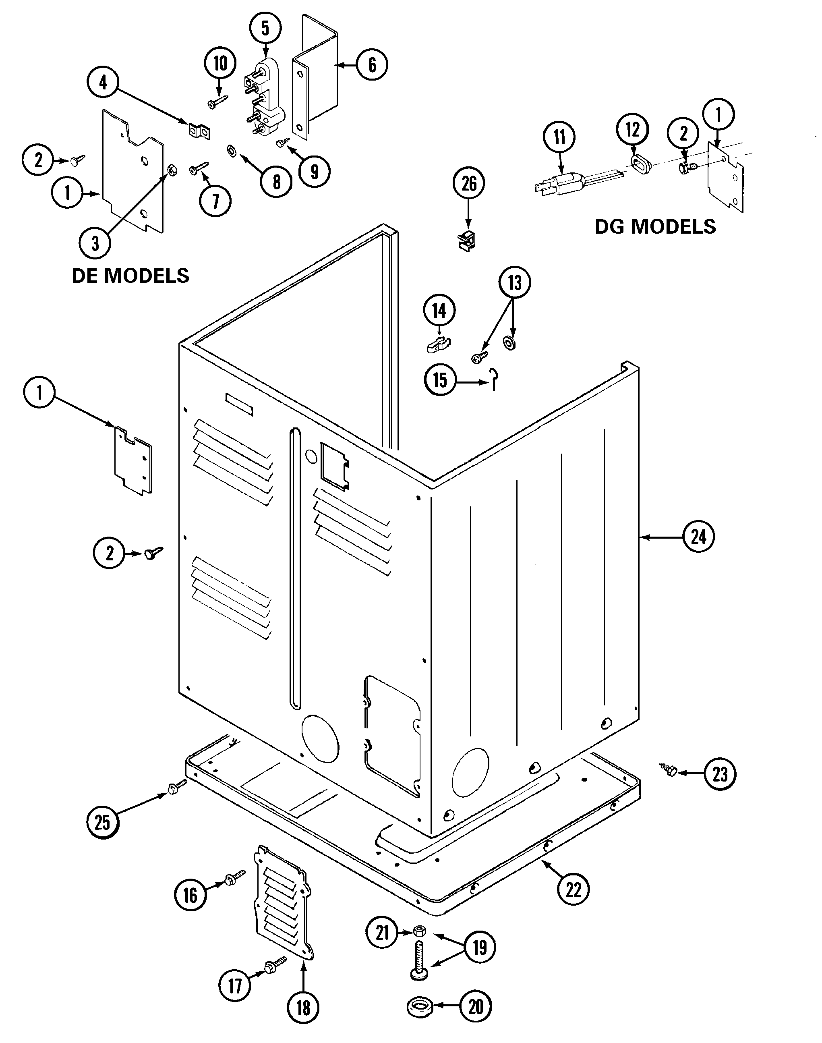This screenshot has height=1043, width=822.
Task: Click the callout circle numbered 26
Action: pyautogui.click(x=469, y=183)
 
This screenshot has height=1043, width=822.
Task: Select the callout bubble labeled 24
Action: pyautogui.click(x=698, y=536)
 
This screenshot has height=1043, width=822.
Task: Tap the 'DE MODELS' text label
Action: pyautogui.click(x=130, y=276)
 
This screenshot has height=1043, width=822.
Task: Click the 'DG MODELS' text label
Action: pyautogui.click(x=656, y=227)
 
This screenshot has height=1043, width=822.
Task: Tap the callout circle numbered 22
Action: pyautogui.click(x=573, y=890)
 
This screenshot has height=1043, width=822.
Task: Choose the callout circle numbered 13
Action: pyautogui.click(x=514, y=282)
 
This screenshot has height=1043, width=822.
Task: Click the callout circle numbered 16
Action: pyautogui.click(x=190, y=895)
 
